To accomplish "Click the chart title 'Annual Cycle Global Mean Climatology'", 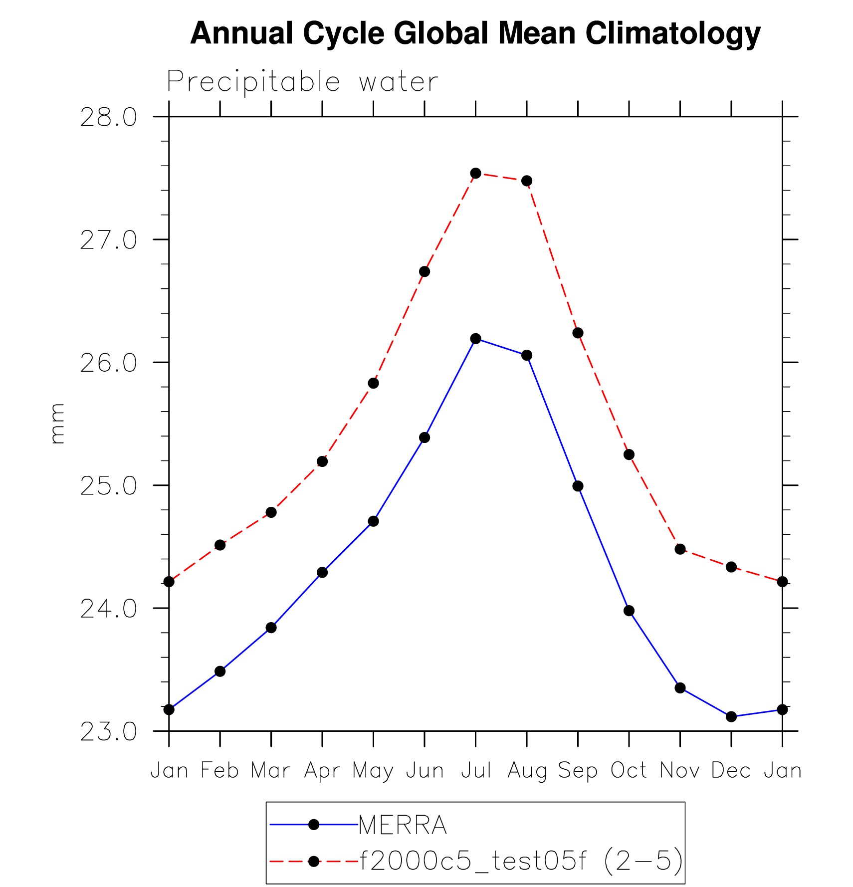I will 475,33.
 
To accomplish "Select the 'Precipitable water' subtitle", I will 302,81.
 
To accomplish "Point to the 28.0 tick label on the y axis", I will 108,118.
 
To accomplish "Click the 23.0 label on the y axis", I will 108,732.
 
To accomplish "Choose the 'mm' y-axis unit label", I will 58,423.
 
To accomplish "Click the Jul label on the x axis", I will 476,771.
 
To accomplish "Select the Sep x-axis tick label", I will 578,771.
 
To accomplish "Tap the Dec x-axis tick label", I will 731,771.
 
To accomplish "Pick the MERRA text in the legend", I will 403,825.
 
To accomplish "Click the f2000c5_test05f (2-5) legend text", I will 521,861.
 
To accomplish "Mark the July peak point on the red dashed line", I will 476,173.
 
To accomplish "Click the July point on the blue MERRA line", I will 476,339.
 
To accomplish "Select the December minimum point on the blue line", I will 731,716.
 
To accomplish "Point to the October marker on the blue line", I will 629,611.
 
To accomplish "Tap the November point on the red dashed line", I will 680,549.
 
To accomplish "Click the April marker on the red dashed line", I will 322,461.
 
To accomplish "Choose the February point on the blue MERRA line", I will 220,671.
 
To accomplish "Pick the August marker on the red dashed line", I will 527,181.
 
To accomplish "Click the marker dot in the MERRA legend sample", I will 314,825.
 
